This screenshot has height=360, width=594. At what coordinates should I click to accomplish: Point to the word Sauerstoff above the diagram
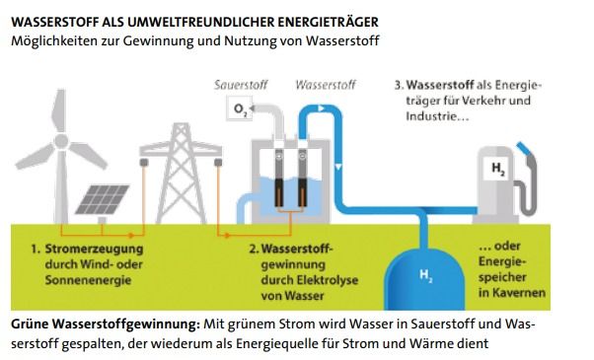pos(241,86)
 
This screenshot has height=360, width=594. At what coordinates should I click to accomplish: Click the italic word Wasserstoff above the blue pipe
pos(326,86)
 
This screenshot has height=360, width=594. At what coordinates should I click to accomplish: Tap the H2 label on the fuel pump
pos(496,170)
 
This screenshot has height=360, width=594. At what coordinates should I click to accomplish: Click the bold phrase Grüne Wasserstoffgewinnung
pos(105,324)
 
